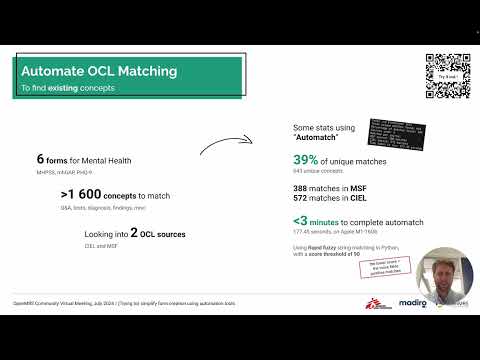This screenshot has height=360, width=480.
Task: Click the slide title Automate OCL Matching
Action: (99, 72)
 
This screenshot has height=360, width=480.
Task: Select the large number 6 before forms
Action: (40, 159)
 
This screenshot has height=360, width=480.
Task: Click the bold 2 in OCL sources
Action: (135, 233)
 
